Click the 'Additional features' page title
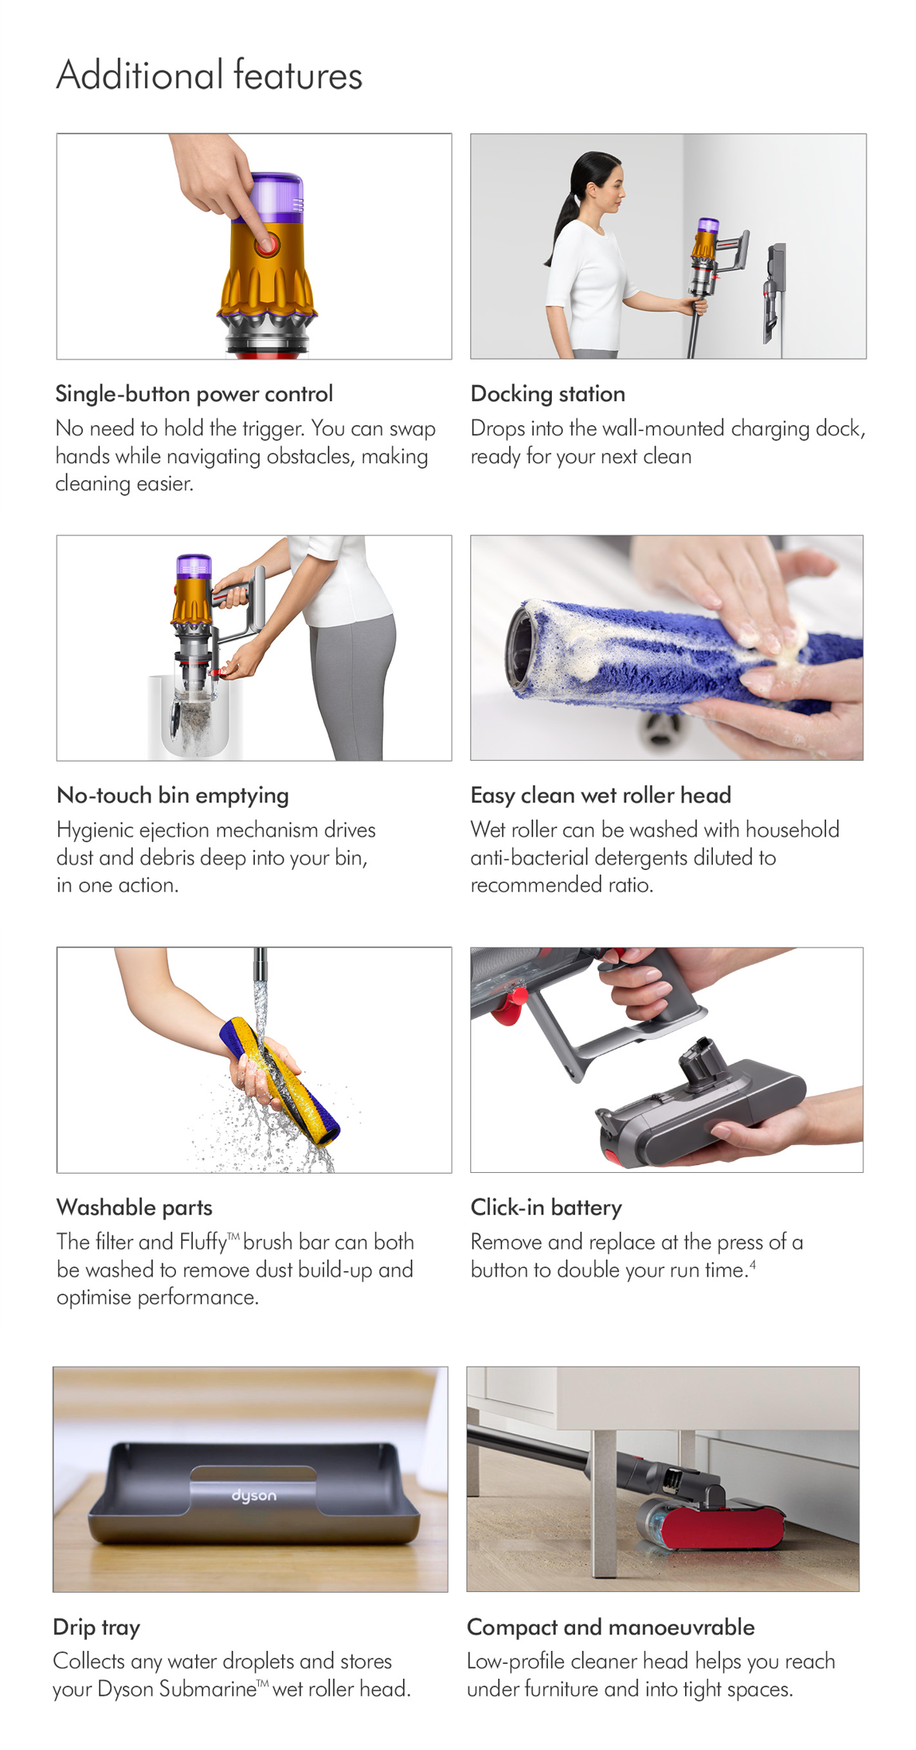pos(209,75)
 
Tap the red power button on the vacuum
pos(267,245)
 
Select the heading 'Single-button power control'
pos(194,394)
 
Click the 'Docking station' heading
pos(548,394)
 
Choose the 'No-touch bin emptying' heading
pos(173,796)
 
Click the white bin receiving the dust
pos(195,717)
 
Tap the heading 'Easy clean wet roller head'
pos(601,796)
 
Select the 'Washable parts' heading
pos(134,1207)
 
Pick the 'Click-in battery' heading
pos(546,1207)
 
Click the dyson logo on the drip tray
pos(254,1494)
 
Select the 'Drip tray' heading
pos(97,1627)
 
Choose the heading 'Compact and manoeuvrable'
pos(611,1627)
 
